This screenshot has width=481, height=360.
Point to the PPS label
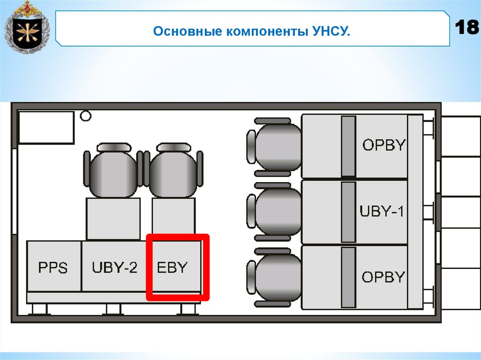click(53, 268)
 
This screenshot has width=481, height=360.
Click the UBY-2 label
click(115, 268)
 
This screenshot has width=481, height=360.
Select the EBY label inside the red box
click(172, 268)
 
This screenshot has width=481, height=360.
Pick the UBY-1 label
click(382, 211)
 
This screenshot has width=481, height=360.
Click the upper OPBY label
click(384, 145)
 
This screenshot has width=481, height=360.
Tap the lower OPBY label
click(383, 277)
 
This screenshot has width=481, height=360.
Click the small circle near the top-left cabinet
click(85, 115)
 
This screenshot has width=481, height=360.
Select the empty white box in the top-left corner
click(46, 127)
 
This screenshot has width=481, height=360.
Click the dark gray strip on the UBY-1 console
click(348, 212)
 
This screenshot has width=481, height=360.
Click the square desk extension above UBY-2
click(113, 219)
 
